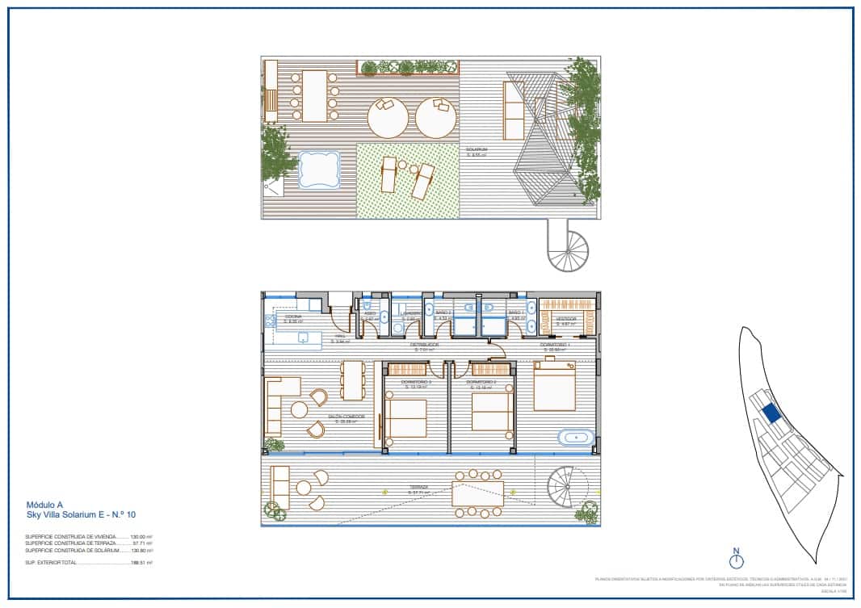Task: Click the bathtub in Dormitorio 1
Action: (x=576, y=438)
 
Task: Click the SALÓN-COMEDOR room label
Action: (x=346, y=417)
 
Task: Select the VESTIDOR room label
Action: (x=566, y=320)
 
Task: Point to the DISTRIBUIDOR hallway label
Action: (x=426, y=346)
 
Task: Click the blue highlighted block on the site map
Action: (x=771, y=413)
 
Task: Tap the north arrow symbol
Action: (x=736, y=559)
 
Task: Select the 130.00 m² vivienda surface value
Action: (x=141, y=536)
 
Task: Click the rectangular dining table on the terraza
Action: (x=478, y=493)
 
